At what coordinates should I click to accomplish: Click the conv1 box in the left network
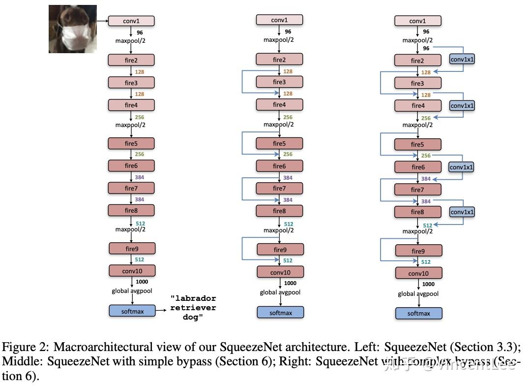[131, 21]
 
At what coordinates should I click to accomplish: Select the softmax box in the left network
[132, 311]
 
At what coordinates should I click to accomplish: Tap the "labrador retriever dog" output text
[193, 308]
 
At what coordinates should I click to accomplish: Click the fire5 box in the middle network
[279, 144]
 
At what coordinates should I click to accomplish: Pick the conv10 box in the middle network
[280, 272]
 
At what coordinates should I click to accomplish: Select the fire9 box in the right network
[418, 251]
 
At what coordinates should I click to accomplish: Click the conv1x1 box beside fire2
[463, 59]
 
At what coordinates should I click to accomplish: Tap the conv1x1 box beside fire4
[463, 105]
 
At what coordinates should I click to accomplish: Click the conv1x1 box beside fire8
[462, 212]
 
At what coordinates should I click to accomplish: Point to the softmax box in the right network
[419, 314]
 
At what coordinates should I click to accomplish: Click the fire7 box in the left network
[131, 188]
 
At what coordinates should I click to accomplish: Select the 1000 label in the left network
[141, 282]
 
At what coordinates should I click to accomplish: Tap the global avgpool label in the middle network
[281, 293]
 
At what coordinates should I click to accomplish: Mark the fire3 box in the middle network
[279, 82]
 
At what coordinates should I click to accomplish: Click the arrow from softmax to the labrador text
[162, 311]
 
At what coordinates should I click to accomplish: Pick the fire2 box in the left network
[131, 60]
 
